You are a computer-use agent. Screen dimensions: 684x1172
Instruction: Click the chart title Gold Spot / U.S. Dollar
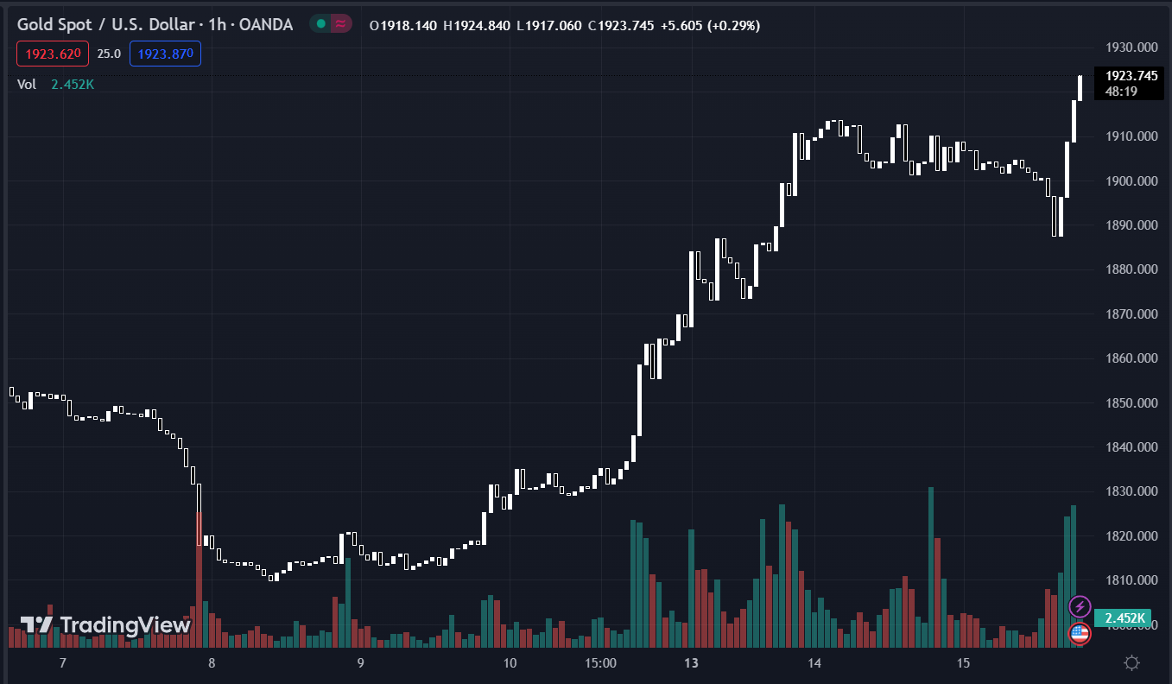click(105, 25)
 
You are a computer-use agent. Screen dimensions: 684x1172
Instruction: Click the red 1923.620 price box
click(51, 54)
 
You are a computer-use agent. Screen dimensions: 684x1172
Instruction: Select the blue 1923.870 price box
click(165, 54)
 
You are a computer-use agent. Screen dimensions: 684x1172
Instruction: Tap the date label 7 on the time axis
click(62, 663)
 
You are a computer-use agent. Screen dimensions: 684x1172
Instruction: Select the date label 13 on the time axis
click(691, 663)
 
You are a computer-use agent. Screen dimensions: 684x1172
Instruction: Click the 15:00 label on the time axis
click(600, 663)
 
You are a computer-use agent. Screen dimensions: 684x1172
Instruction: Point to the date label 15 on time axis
click(964, 663)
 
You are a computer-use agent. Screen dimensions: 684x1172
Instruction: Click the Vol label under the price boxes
click(27, 84)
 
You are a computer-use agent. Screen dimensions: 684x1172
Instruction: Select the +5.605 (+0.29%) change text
click(710, 26)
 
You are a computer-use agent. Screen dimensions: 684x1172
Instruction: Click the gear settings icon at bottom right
click(1131, 663)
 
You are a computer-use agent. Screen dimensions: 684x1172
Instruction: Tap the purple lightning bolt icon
click(1080, 606)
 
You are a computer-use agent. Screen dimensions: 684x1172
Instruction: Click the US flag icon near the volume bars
click(1079, 633)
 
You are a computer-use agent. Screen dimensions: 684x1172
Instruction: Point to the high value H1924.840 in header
click(478, 26)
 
